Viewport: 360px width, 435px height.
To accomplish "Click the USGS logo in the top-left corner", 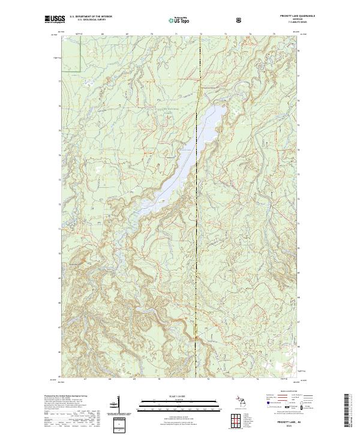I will click(55, 20).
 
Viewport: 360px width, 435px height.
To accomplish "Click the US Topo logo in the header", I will click(179, 20).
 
